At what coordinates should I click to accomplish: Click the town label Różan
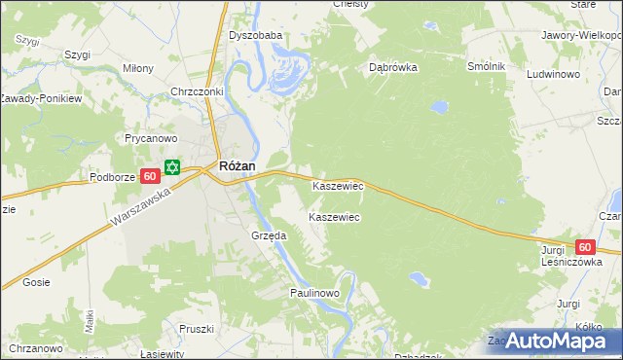pyautogui.click(x=238, y=166)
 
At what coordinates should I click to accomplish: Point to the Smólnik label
pyautogui.click(x=486, y=65)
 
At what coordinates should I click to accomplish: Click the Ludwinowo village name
pyautogui.click(x=554, y=74)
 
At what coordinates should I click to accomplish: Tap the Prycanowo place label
pyautogui.click(x=149, y=138)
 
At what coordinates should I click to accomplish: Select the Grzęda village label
pyautogui.click(x=268, y=235)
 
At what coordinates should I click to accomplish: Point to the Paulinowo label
pyautogui.click(x=313, y=293)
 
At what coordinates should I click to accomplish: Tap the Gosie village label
pyautogui.click(x=37, y=282)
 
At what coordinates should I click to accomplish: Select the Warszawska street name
pyautogui.click(x=140, y=208)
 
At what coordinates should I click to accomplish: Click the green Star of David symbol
pyautogui.click(x=172, y=167)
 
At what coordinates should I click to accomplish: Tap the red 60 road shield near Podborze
pyautogui.click(x=149, y=176)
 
